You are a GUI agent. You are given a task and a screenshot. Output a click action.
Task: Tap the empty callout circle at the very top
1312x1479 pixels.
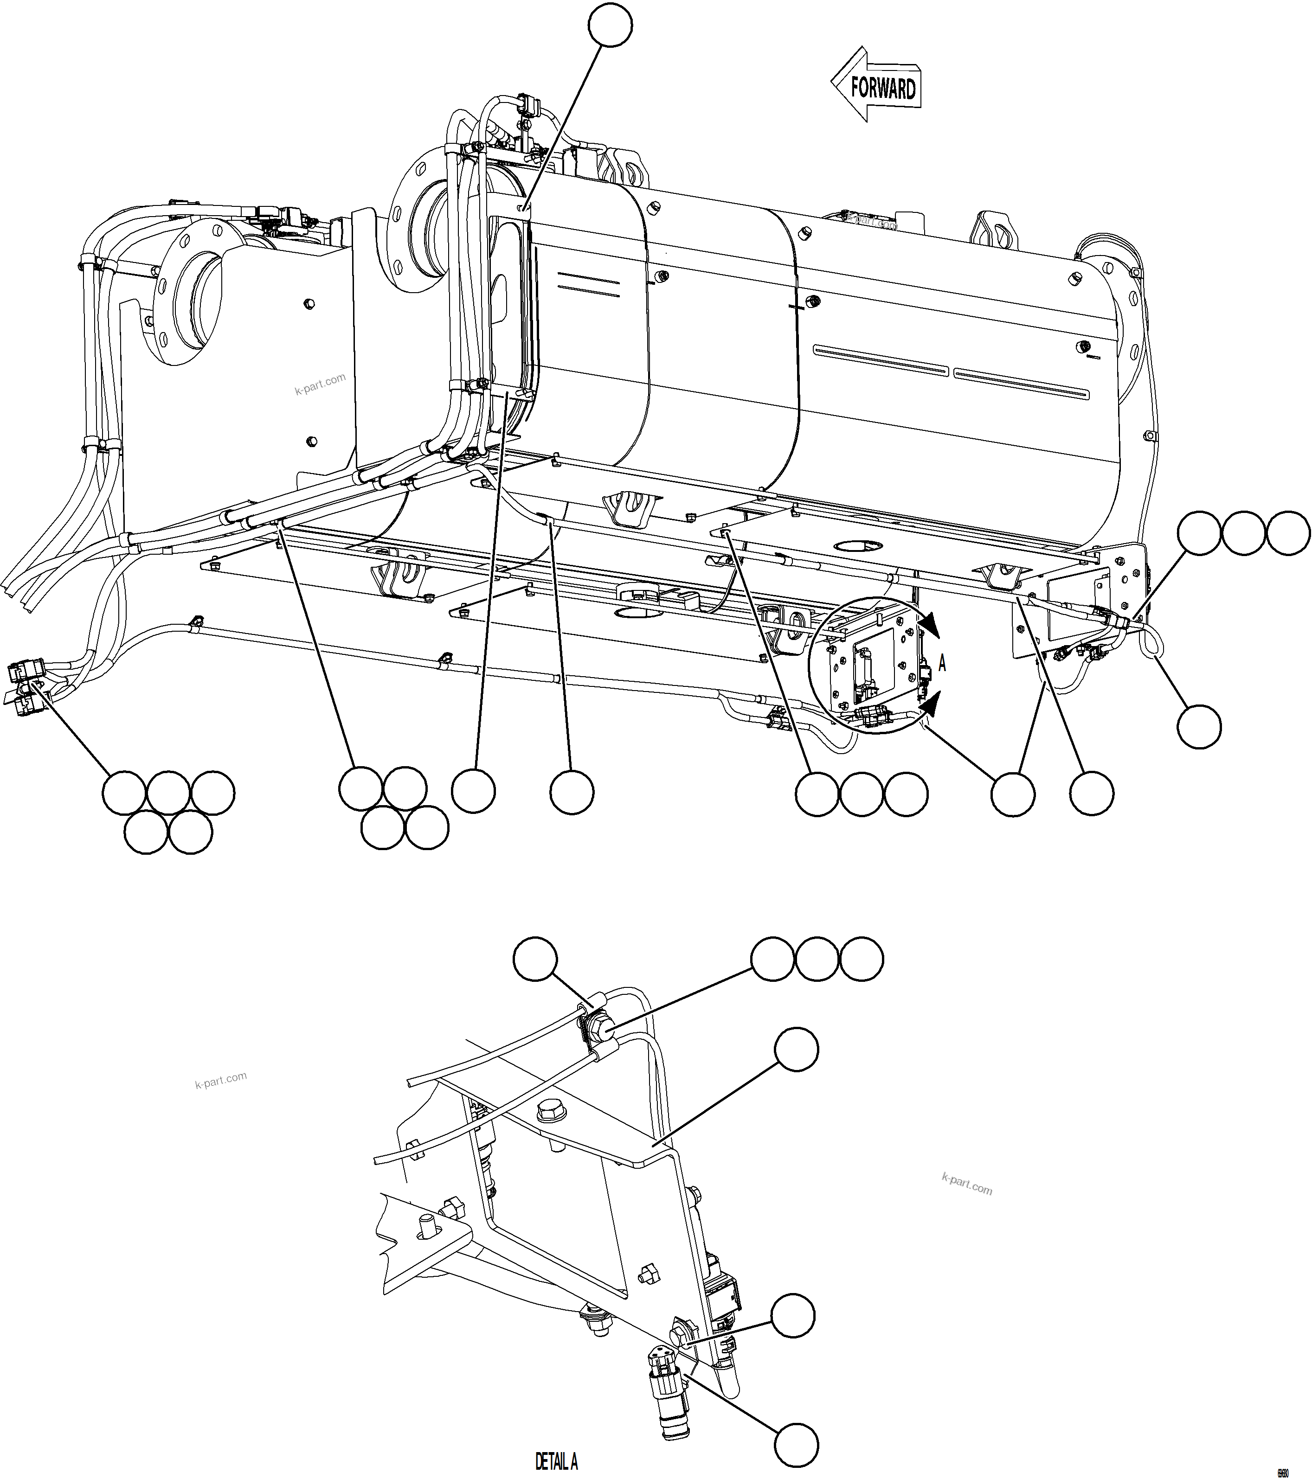[x=610, y=25]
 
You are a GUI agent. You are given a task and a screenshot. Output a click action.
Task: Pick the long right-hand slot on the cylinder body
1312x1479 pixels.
[x=1020, y=383]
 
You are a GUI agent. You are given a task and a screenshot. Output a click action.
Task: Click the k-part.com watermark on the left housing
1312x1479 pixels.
[x=319, y=384]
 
